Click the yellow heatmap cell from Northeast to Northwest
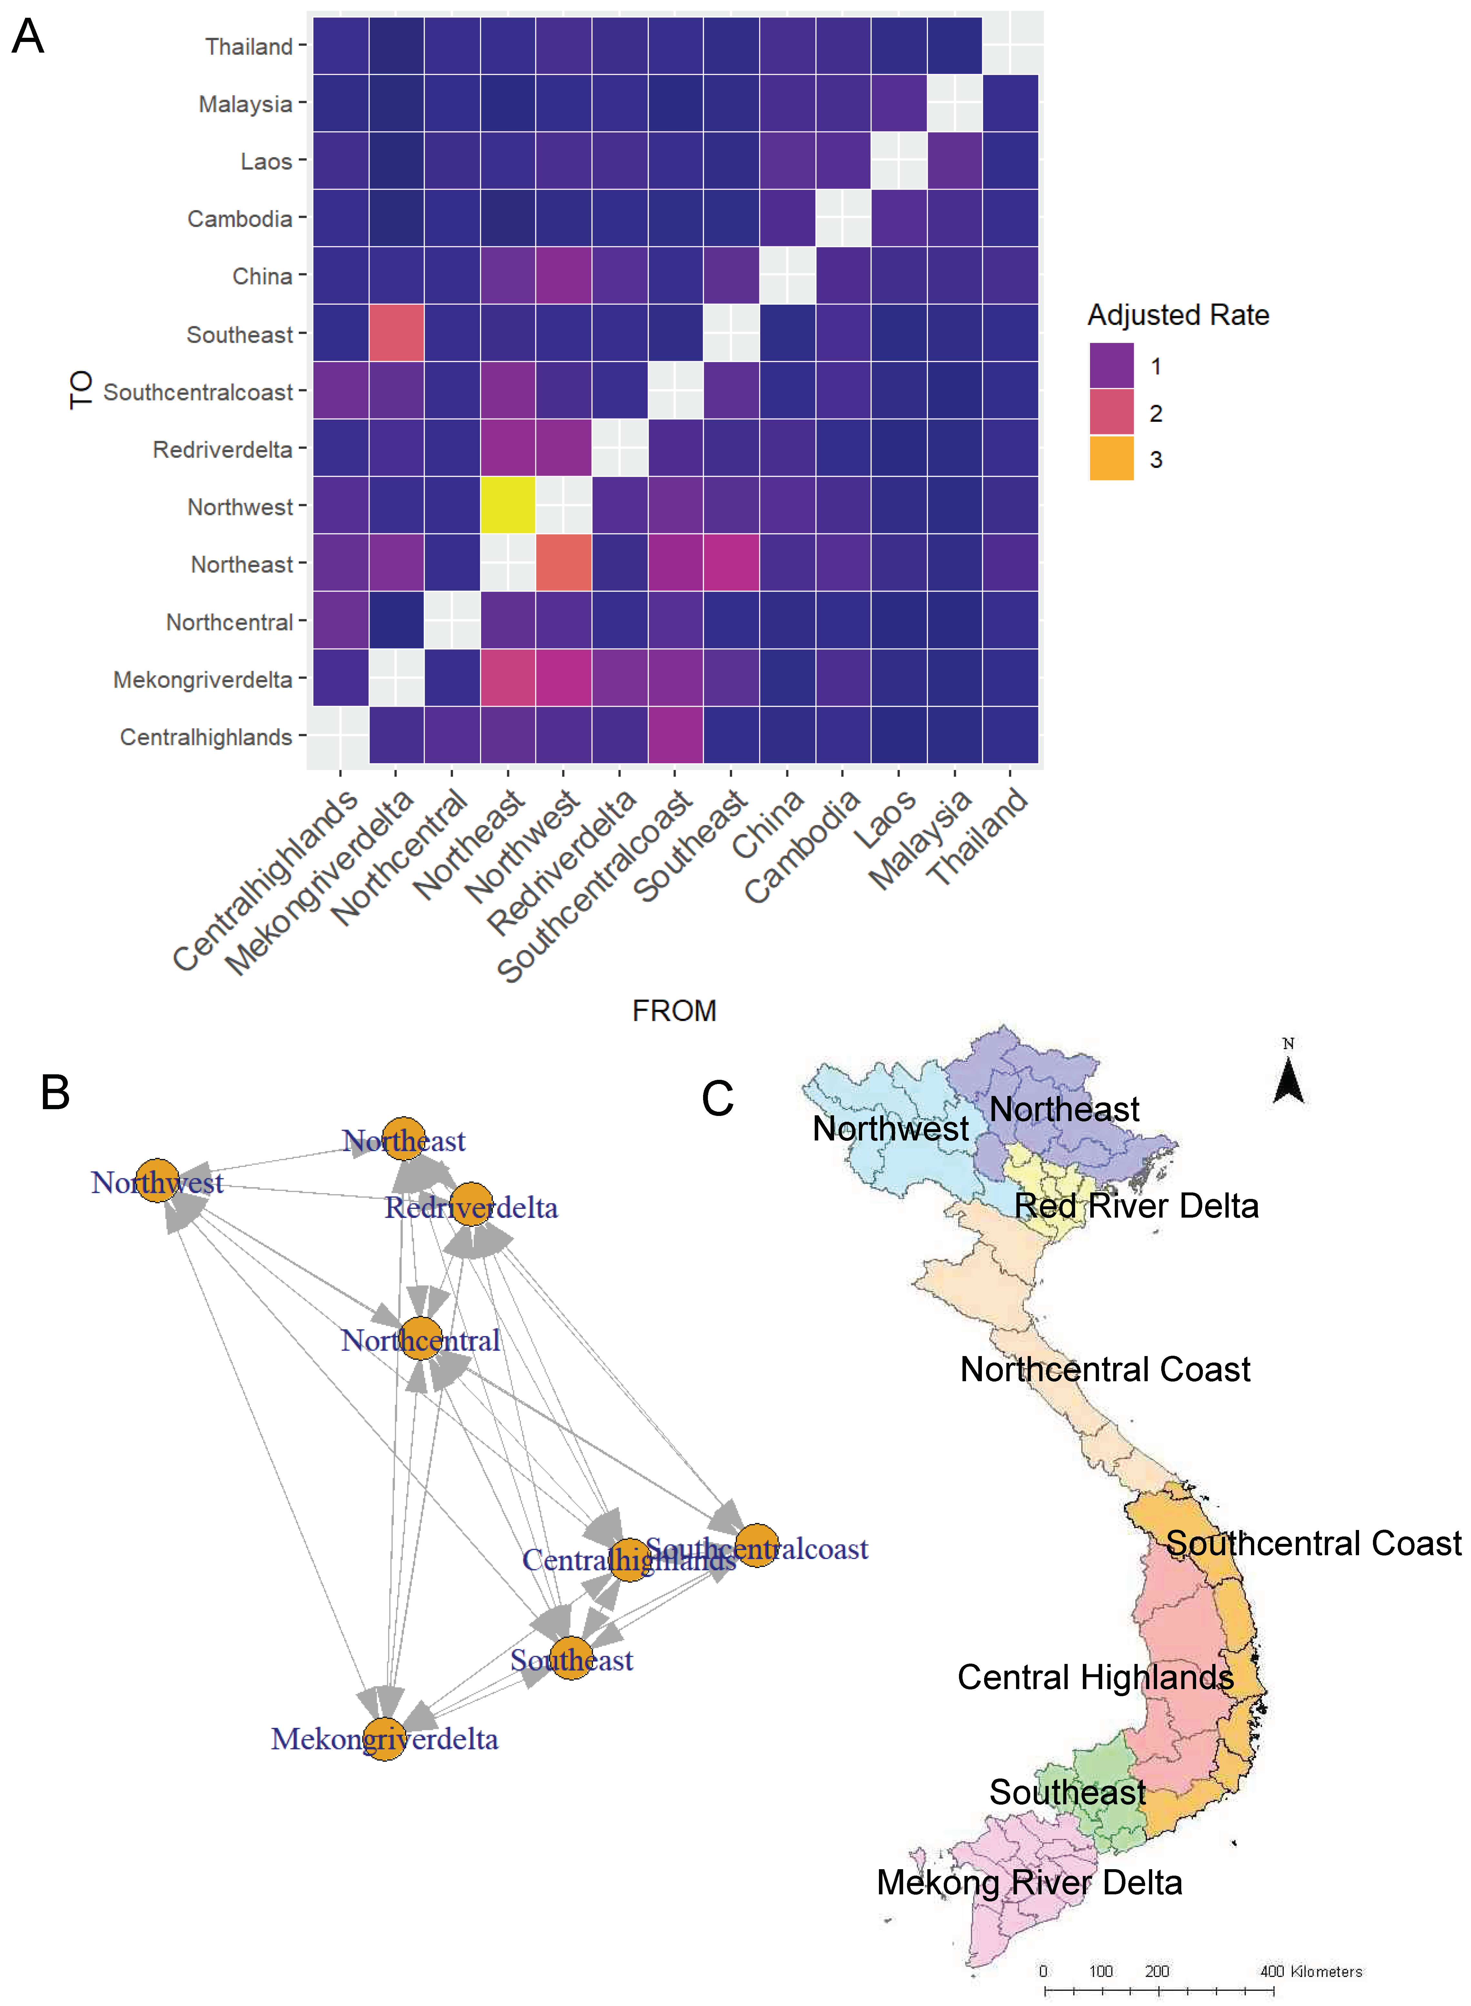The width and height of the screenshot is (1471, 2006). click(x=508, y=505)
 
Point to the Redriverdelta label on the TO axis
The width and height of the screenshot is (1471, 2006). click(x=223, y=450)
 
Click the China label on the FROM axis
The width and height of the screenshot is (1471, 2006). click(x=768, y=826)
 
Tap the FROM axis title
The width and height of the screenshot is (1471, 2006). click(x=674, y=1010)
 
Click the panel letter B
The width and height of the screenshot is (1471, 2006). click(x=55, y=1092)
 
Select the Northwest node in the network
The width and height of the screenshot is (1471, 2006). click(x=157, y=1180)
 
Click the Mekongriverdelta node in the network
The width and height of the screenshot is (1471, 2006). click(x=385, y=1739)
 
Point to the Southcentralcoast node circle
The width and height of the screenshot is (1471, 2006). click(x=756, y=1545)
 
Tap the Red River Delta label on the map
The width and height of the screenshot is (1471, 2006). click(x=1136, y=1206)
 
